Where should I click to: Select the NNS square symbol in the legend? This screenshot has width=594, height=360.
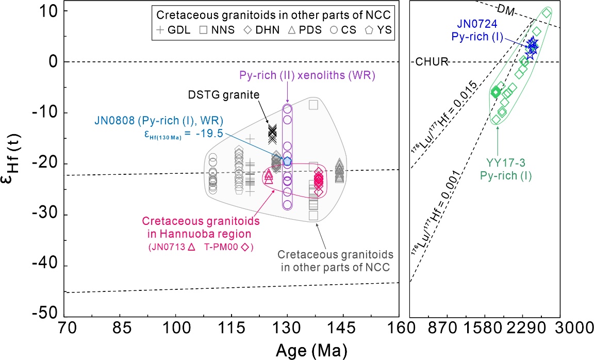pyautogui.click(x=204, y=30)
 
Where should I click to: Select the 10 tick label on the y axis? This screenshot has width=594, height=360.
pyautogui.click(x=51, y=11)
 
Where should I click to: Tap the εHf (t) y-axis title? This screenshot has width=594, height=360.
pyautogui.click(x=18, y=163)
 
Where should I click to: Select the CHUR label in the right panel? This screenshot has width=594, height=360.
pyautogui.click(x=432, y=62)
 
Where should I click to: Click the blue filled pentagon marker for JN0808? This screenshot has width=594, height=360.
pyautogui.click(x=287, y=161)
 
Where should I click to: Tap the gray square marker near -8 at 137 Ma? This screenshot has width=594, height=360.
pyautogui.click(x=313, y=105)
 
